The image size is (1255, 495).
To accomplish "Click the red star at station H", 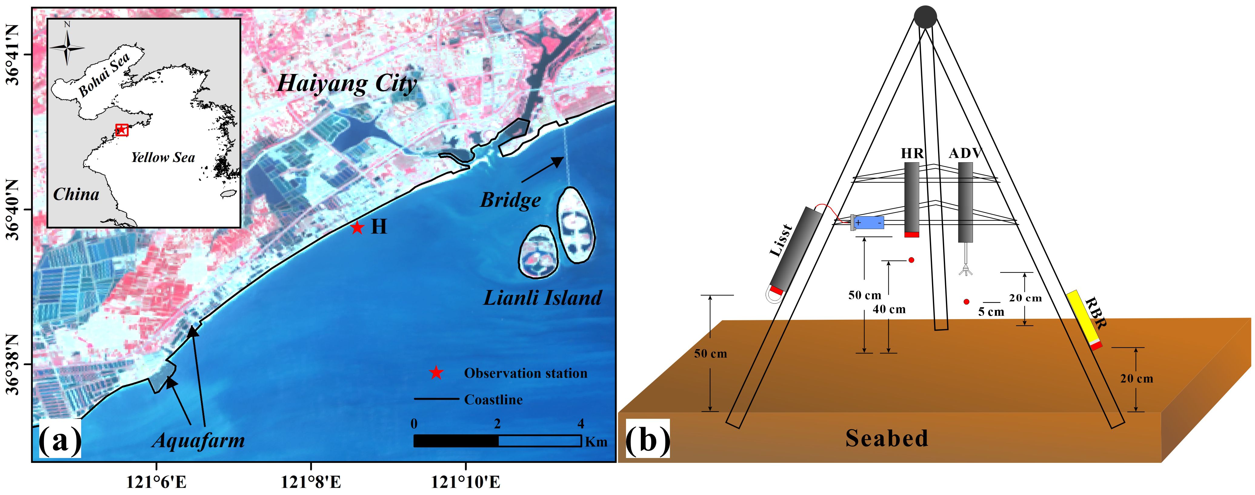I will pos(357,227).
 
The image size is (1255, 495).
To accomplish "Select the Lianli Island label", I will pos(542,298).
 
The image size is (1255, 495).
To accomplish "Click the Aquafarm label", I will pos(198,440).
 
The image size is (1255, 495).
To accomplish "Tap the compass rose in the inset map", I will pos(67,47).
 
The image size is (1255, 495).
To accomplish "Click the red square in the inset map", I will pos(121,130).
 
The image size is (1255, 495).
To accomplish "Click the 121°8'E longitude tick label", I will pos(311,482).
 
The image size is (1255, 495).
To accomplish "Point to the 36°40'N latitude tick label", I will pos(13,210).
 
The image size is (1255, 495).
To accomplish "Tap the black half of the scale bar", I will pos(455,441).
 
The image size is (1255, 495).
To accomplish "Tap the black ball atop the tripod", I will pos(925,17).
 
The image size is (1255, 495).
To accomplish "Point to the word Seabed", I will pos(886,438).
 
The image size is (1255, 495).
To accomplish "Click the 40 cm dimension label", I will pos(889,309).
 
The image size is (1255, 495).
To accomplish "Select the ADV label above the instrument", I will pos(966,153).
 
